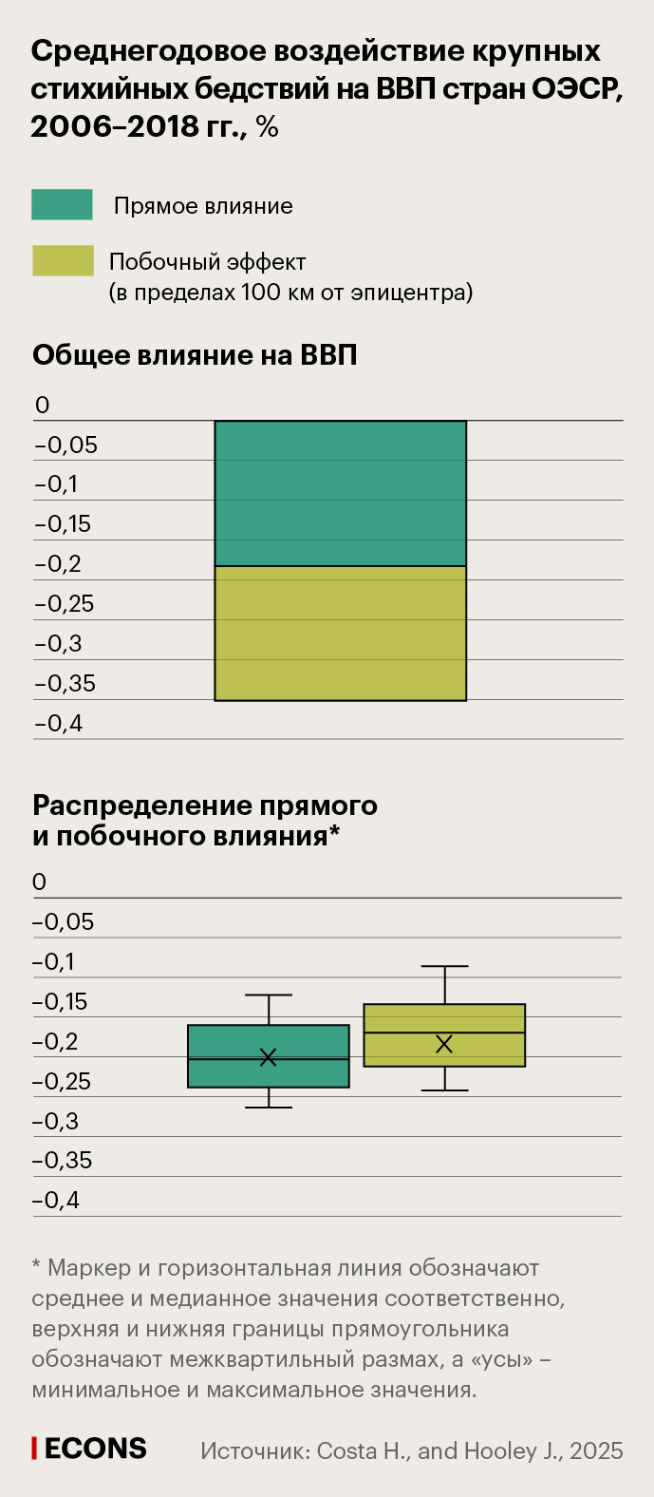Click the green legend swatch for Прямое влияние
(x=62, y=205)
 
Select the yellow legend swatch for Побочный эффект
(x=63, y=261)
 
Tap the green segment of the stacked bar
(x=340, y=493)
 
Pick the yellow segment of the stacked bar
(x=340, y=633)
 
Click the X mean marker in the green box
(x=269, y=1057)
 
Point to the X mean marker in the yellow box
(x=444, y=1044)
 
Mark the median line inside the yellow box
(x=444, y=1033)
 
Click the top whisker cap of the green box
(x=269, y=995)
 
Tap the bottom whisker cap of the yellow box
(x=444, y=1090)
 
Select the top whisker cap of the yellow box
(x=444, y=966)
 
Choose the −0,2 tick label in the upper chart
(x=58, y=564)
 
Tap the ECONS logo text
(x=96, y=1449)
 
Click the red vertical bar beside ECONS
(x=35, y=1449)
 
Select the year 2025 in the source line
(x=597, y=1450)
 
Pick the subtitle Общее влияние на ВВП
(x=195, y=355)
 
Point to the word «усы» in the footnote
(x=494, y=1359)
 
